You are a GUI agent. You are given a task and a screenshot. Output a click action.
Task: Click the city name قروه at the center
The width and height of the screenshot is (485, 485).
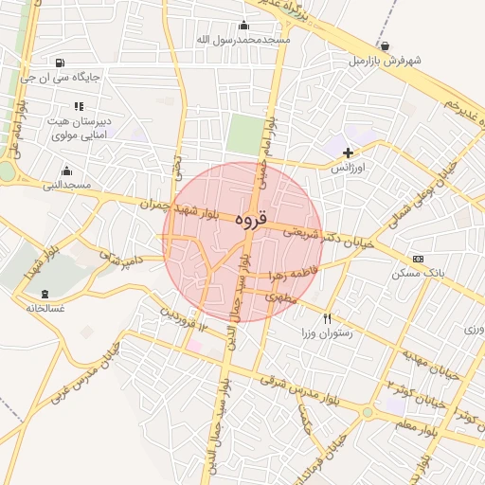tap(250, 219)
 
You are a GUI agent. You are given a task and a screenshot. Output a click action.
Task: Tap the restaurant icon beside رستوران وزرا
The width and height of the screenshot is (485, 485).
tap(328, 318)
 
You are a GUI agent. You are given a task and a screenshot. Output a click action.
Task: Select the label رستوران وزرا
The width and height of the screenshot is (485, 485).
tap(327, 333)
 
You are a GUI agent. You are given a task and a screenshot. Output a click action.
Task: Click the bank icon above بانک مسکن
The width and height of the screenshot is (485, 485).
tap(418, 259)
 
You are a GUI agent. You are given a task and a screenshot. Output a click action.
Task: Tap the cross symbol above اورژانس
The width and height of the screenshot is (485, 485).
tap(348, 153)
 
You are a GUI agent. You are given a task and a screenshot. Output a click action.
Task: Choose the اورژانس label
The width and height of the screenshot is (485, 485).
tap(348, 167)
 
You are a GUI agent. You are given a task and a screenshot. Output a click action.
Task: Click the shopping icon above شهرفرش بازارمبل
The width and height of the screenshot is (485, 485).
tap(385, 45)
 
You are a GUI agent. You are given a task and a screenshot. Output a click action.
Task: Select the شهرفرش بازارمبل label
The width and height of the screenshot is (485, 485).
tap(384, 60)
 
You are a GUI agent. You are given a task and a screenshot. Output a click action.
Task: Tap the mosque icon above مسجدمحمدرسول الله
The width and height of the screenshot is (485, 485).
tap(243, 26)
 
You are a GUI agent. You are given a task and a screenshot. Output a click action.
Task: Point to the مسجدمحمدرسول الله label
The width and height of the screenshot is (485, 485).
tap(242, 40)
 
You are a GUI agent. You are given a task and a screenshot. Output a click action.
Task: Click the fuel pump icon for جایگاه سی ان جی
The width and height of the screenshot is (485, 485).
tap(63, 63)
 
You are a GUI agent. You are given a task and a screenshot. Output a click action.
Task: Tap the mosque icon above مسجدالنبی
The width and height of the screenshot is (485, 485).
tap(66, 171)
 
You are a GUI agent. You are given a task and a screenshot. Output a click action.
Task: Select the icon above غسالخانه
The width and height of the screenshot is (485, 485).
tap(45, 294)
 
